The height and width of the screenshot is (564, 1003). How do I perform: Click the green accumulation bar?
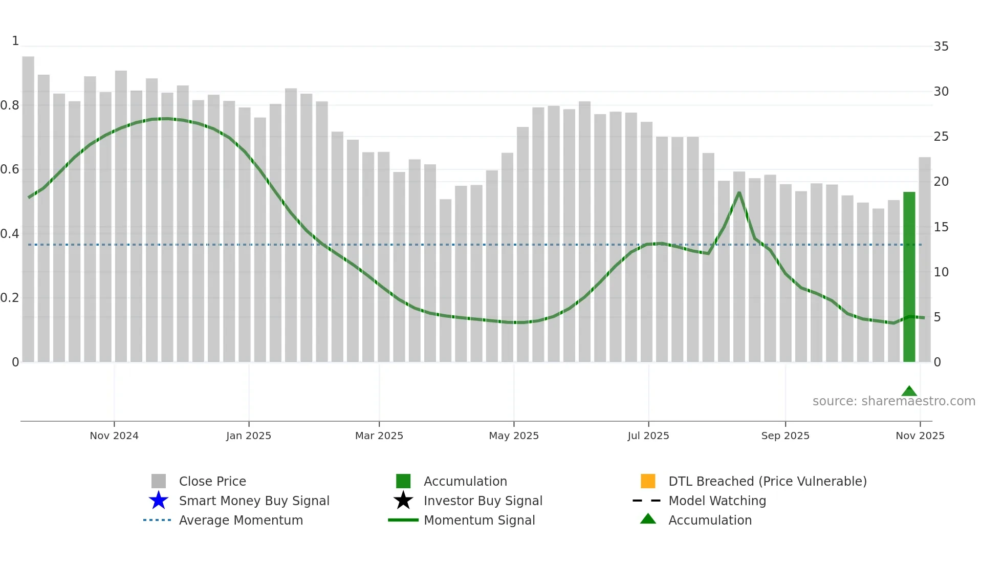[909, 276]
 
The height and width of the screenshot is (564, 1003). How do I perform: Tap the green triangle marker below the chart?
[909, 392]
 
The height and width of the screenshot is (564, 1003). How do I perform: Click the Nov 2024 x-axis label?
[114, 436]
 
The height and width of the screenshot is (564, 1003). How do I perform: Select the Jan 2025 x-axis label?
[249, 436]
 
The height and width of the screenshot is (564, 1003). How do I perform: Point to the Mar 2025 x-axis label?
[379, 436]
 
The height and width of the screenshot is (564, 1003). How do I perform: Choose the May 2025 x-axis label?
[514, 436]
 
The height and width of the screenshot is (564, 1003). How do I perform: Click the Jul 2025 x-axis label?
[648, 436]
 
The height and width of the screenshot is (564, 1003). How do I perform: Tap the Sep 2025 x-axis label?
[786, 436]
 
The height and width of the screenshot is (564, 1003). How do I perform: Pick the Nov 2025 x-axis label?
[920, 436]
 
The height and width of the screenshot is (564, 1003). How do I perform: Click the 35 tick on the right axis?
[941, 47]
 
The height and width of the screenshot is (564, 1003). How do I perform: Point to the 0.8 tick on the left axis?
[10, 105]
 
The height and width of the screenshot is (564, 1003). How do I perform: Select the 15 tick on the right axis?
[941, 227]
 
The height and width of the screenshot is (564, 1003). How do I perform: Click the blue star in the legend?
[159, 501]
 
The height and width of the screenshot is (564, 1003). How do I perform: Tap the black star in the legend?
[403, 501]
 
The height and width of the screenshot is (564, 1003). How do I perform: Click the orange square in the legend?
[648, 481]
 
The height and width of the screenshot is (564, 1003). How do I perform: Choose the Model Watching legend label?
[717, 501]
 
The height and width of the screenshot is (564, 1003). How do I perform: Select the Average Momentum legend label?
[241, 520]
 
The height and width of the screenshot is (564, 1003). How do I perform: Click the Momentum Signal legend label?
[479, 520]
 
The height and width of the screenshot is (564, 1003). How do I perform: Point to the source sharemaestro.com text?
[894, 401]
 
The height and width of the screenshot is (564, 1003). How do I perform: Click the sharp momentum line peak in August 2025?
[739, 192]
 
